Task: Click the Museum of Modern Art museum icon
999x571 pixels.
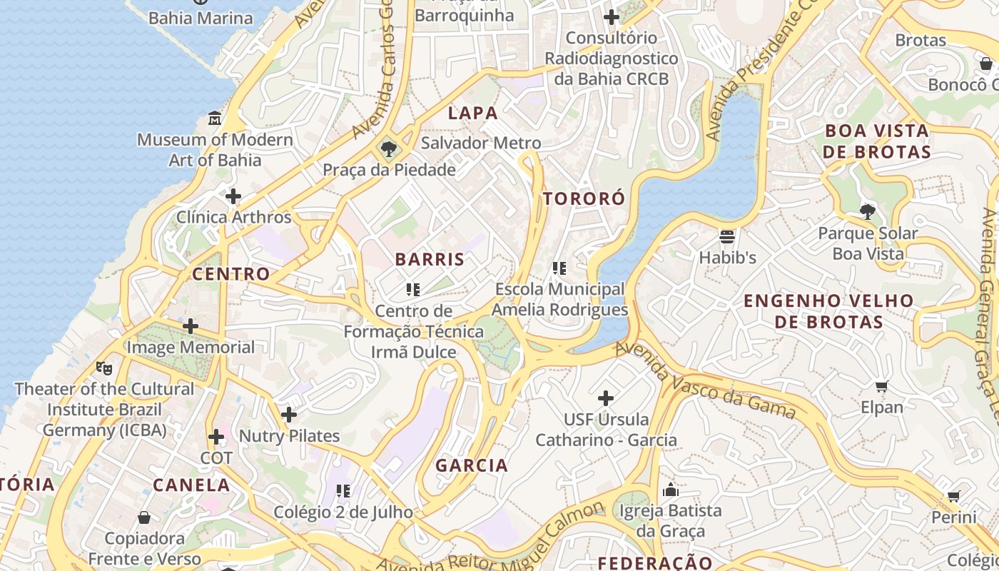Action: pos(214,118)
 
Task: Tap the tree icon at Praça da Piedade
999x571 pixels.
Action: pos(389,149)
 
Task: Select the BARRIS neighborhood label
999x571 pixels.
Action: pos(430,259)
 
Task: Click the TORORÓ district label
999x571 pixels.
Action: pos(584,198)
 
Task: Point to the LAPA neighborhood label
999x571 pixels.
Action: pos(472,113)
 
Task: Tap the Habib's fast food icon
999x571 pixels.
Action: pos(727,236)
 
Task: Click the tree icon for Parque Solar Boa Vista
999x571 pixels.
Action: pos(868,211)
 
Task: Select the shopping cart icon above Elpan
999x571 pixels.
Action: pos(881,387)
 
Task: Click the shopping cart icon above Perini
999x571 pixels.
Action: pos(953,496)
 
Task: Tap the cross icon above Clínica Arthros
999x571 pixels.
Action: pos(233,196)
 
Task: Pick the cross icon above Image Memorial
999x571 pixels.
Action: pos(191,327)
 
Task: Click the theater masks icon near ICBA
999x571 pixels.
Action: pos(104,368)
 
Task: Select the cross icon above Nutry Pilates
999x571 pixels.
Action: pos(289,415)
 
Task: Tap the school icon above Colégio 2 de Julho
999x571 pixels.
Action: pos(343,491)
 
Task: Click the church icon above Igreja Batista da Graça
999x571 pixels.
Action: pos(670,490)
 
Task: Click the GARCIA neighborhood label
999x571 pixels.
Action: pos(472,465)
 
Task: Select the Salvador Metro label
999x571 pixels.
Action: pos(481,143)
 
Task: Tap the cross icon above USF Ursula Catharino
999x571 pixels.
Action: pos(606,398)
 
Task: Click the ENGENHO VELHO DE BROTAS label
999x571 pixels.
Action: pos(828,311)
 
